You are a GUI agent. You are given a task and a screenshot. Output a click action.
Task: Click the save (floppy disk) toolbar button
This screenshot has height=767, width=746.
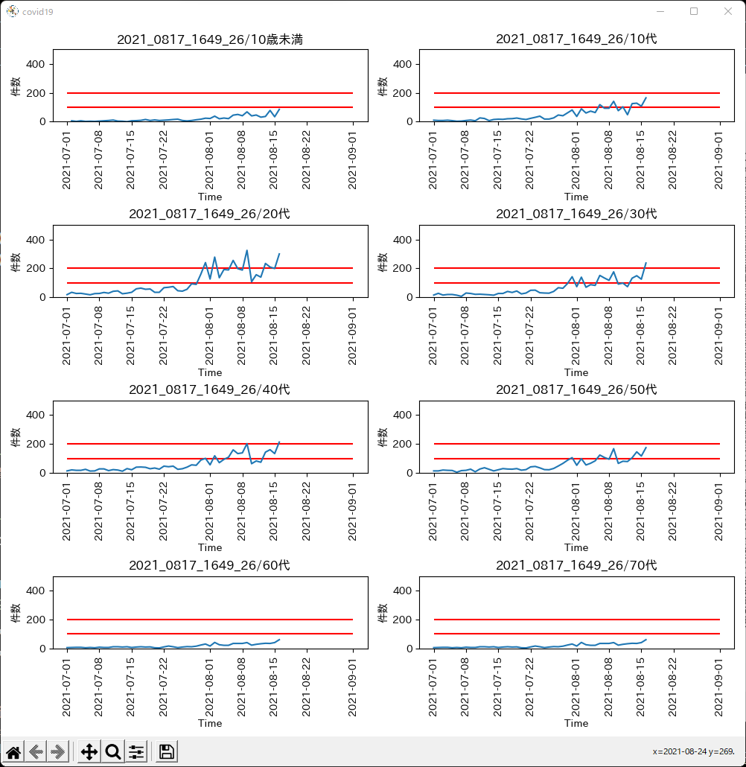pyautogui.click(x=166, y=751)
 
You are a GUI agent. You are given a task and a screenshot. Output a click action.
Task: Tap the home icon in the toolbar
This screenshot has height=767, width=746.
pyautogui.click(x=13, y=751)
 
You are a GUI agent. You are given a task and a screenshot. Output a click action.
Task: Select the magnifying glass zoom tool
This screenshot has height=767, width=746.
pyautogui.click(x=113, y=751)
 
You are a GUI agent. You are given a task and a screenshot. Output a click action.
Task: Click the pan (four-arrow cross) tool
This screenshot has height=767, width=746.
pyautogui.click(x=89, y=751)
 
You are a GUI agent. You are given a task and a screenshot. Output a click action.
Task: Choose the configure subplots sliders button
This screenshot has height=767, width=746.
pyautogui.click(x=136, y=751)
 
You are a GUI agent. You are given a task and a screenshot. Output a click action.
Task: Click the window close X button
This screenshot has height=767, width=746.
pyautogui.click(x=728, y=11)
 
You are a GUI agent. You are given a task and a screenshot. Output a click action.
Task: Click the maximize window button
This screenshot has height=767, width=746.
pyautogui.click(x=694, y=11)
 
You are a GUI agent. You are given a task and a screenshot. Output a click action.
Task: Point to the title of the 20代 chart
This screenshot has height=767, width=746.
pyautogui.click(x=209, y=214)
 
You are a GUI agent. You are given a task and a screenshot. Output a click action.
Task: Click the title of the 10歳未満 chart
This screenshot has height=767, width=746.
pyautogui.click(x=210, y=39)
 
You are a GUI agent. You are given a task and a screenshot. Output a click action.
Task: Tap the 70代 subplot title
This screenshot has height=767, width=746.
pyautogui.click(x=576, y=565)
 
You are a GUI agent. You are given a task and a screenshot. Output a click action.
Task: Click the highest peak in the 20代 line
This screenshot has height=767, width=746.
pyautogui.click(x=246, y=250)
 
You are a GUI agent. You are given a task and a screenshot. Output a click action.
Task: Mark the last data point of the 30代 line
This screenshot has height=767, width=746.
pyautogui.click(x=645, y=263)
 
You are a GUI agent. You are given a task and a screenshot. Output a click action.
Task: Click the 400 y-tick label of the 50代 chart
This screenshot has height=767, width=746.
pyautogui.click(x=403, y=415)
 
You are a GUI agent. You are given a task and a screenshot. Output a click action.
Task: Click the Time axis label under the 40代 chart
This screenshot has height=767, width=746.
pyautogui.click(x=210, y=547)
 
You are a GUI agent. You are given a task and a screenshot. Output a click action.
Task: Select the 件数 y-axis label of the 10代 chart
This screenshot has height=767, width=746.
pyautogui.click(x=383, y=86)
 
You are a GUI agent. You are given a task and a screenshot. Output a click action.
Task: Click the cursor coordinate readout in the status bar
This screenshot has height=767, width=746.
pyautogui.click(x=693, y=751)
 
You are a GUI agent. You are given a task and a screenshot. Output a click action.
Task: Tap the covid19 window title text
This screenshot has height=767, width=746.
pyautogui.click(x=38, y=12)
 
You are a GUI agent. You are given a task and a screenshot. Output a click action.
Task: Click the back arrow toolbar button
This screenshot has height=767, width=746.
pyautogui.click(x=36, y=751)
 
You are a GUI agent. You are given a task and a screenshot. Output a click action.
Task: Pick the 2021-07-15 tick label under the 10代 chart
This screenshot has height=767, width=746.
pyautogui.click(x=497, y=160)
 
